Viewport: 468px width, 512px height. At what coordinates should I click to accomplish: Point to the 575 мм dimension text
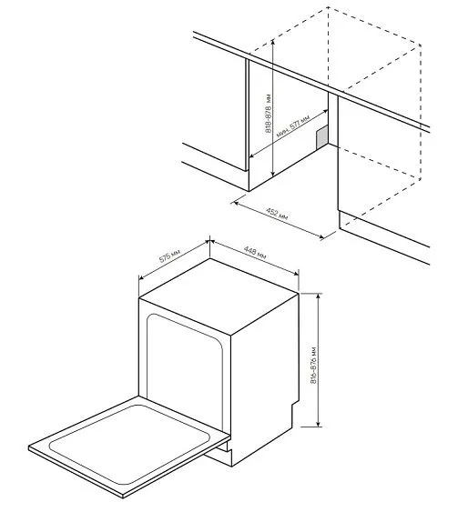click(x=169, y=256)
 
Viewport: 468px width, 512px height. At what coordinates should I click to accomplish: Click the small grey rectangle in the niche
click(x=321, y=136)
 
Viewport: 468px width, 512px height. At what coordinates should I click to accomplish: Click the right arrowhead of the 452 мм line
click(x=324, y=238)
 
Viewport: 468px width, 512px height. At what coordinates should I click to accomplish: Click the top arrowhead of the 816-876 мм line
click(x=318, y=295)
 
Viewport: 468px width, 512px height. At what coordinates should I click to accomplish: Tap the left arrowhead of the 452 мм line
click(x=235, y=200)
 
